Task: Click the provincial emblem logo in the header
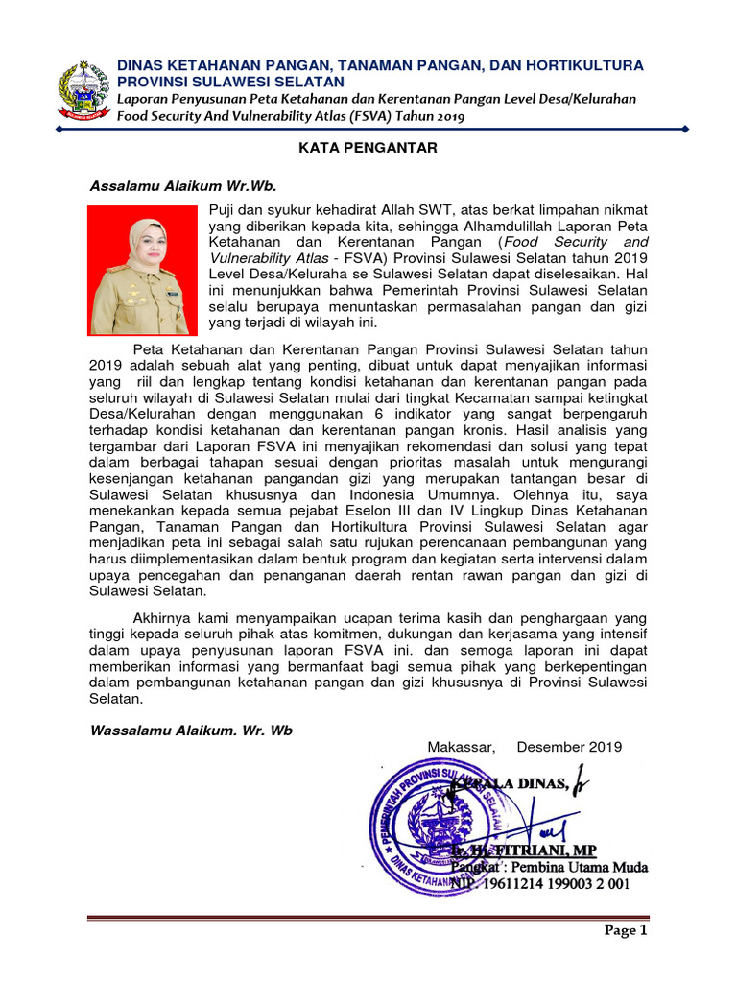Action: tap(83, 91)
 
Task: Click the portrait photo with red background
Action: tap(139, 271)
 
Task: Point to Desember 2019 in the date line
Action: tap(569, 747)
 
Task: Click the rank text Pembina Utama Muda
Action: tap(587, 868)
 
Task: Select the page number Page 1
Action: tap(626, 930)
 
